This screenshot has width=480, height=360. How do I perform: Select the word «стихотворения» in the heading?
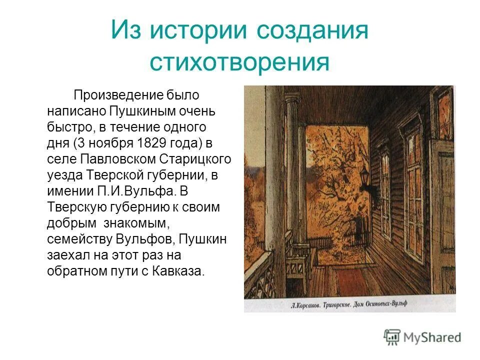(x=239, y=62)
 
